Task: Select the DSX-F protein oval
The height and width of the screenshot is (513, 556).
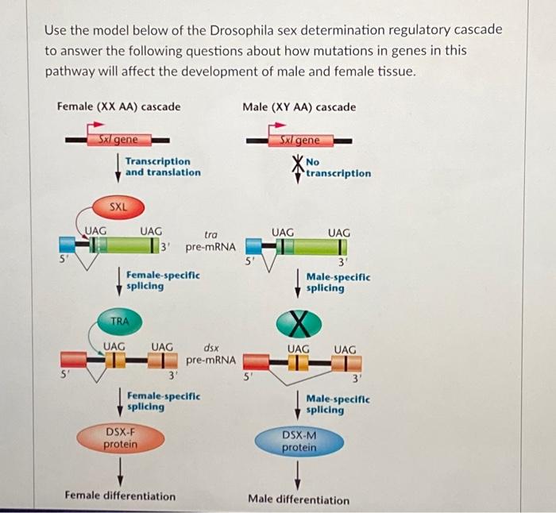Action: click(x=121, y=438)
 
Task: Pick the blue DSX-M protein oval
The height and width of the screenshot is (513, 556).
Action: click(x=299, y=442)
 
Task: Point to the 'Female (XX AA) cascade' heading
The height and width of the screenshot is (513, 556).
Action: click(x=119, y=106)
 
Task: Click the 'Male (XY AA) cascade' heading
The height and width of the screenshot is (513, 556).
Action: click(x=299, y=106)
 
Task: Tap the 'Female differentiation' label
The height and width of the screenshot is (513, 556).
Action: click(x=121, y=496)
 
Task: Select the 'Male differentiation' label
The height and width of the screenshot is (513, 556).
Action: click(x=299, y=499)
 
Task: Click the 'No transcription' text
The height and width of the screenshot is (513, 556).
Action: click(x=338, y=168)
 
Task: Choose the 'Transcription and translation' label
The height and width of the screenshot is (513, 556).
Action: click(x=163, y=166)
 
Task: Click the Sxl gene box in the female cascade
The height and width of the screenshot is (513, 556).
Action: click(x=118, y=140)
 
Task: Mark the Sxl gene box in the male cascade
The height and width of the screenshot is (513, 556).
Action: click(x=299, y=141)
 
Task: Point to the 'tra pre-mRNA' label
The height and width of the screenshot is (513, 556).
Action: click(x=210, y=241)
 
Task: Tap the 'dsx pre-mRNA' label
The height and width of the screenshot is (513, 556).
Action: click(x=210, y=353)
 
